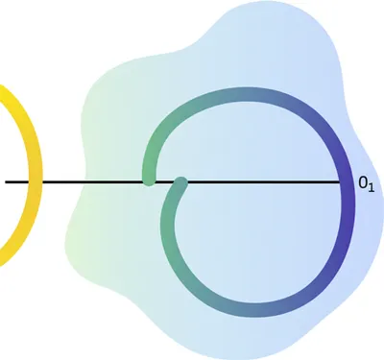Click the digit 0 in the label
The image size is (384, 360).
pos(363,181)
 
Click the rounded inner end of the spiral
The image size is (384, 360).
pos(180,181)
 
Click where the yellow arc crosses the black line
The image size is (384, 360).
pos(35,181)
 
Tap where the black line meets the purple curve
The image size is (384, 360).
pos(346,181)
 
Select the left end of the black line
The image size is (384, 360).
pos(6,181)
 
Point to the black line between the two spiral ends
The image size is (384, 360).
pos(164,181)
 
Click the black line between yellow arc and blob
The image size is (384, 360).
pos(58,181)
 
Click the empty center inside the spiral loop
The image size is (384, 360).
pos(259,230)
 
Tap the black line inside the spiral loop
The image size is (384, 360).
pos(259,181)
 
